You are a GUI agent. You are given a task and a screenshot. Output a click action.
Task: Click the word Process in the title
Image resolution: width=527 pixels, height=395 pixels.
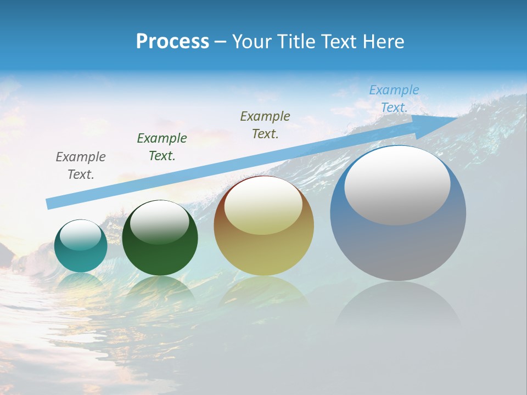click(172, 42)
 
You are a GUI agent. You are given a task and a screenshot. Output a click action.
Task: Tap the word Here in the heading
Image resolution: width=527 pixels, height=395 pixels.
click(384, 42)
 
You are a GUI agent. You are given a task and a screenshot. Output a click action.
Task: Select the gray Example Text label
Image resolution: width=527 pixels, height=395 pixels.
click(81, 166)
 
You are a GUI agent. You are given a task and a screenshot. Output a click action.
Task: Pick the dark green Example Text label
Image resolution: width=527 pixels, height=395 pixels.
click(162, 147)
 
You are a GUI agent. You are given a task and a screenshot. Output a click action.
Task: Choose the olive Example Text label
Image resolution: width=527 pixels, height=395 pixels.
click(265, 125)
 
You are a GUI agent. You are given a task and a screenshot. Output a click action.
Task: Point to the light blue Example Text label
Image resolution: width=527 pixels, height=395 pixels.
click(394, 99)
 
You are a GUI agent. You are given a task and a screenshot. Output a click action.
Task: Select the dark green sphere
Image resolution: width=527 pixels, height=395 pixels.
click(160, 252)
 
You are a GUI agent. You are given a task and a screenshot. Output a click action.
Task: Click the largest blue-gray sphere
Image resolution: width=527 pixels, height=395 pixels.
click(398, 247)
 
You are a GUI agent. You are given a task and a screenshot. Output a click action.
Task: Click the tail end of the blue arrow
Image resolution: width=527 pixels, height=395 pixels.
click(51, 204)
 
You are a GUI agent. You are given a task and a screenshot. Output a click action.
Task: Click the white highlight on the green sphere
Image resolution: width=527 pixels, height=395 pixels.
click(160, 223)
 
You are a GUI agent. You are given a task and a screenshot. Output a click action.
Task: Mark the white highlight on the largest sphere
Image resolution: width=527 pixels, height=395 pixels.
click(397, 185)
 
